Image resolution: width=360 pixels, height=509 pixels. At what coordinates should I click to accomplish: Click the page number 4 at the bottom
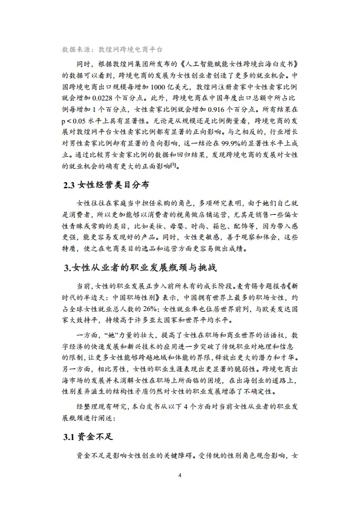pos(180,475)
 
